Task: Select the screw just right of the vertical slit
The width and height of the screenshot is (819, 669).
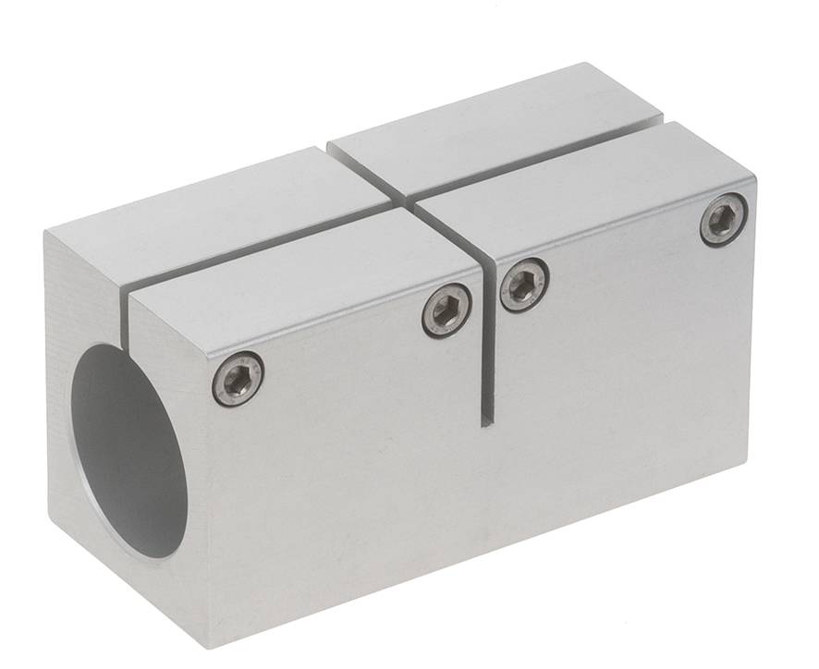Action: [524, 285]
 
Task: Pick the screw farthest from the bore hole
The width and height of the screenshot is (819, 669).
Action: [723, 220]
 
